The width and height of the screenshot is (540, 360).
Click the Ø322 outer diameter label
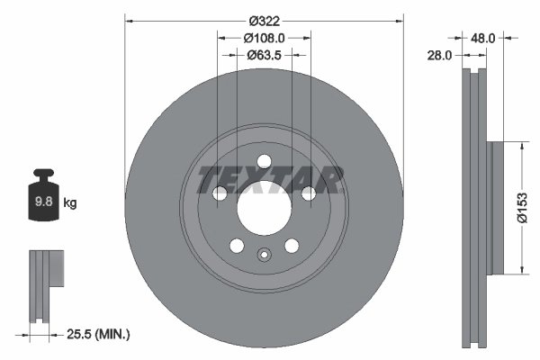[264, 21]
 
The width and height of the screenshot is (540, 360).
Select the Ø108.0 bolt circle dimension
[264, 38]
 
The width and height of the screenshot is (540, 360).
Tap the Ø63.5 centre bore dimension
[264, 55]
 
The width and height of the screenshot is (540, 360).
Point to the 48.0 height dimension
[483, 38]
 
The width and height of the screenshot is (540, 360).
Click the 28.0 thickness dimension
[440, 55]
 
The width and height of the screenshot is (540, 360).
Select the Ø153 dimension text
[522, 207]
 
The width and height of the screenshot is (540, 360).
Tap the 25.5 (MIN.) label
[99, 334]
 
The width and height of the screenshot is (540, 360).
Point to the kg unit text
[70, 203]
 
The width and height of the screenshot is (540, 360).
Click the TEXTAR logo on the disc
[270, 180]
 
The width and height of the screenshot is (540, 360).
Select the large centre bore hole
[264, 207]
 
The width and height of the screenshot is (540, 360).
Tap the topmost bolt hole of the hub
[264, 161]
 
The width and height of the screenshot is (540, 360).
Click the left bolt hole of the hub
[220, 193]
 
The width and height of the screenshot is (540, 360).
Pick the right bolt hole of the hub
[308, 193]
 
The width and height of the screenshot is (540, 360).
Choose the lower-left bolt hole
[237, 246]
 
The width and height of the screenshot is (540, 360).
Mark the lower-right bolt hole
[291, 246]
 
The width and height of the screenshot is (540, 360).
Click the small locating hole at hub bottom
[264, 255]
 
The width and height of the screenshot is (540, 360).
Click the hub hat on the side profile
[492, 207]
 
